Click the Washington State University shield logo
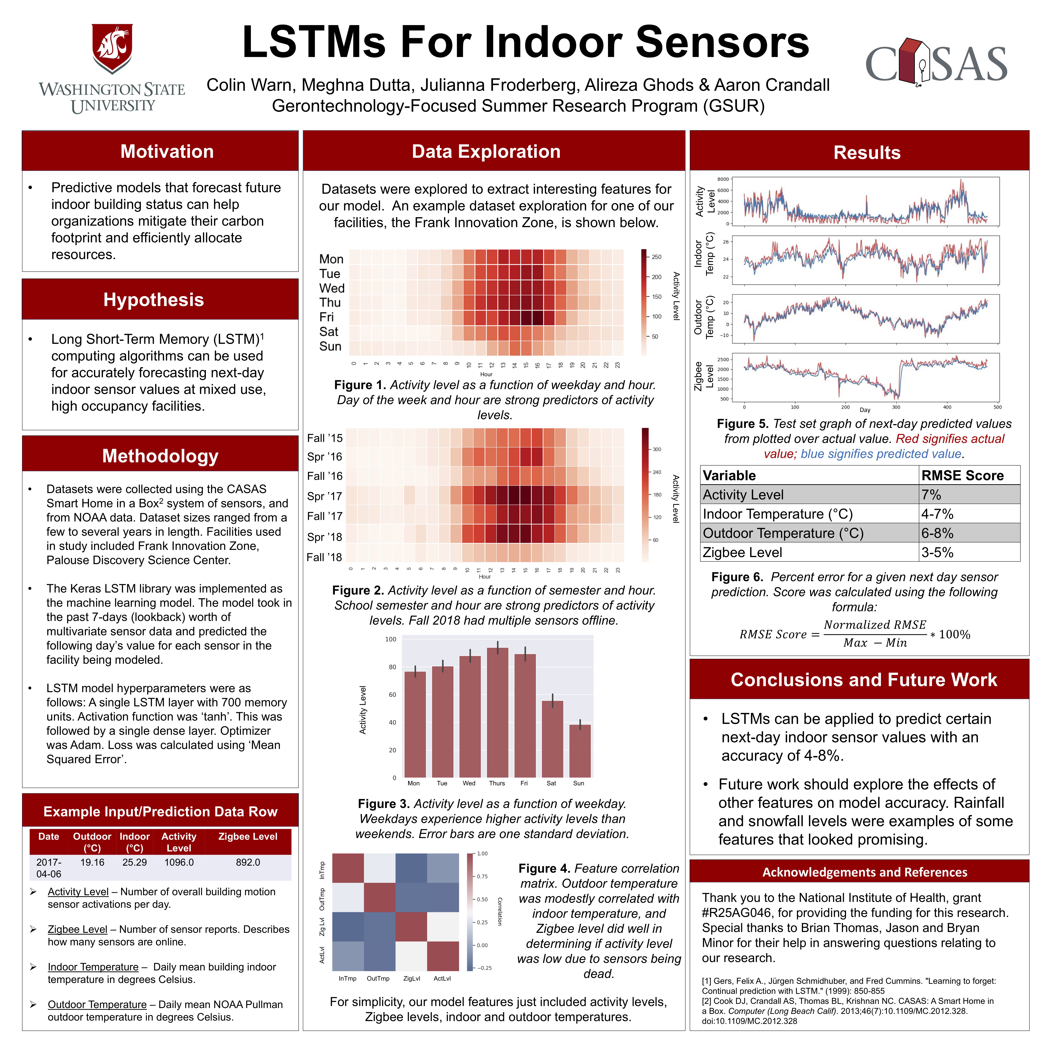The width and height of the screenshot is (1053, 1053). (x=112, y=48)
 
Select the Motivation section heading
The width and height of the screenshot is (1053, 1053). (x=167, y=152)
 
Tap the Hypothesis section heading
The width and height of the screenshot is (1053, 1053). (x=154, y=300)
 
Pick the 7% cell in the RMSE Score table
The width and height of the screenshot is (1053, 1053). (x=931, y=495)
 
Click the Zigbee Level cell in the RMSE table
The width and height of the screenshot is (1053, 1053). (x=742, y=553)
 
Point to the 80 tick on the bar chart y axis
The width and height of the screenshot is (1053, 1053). (x=392, y=667)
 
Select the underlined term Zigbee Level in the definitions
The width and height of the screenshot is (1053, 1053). (x=77, y=929)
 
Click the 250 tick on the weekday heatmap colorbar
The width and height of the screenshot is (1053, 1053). (x=656, y=257)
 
